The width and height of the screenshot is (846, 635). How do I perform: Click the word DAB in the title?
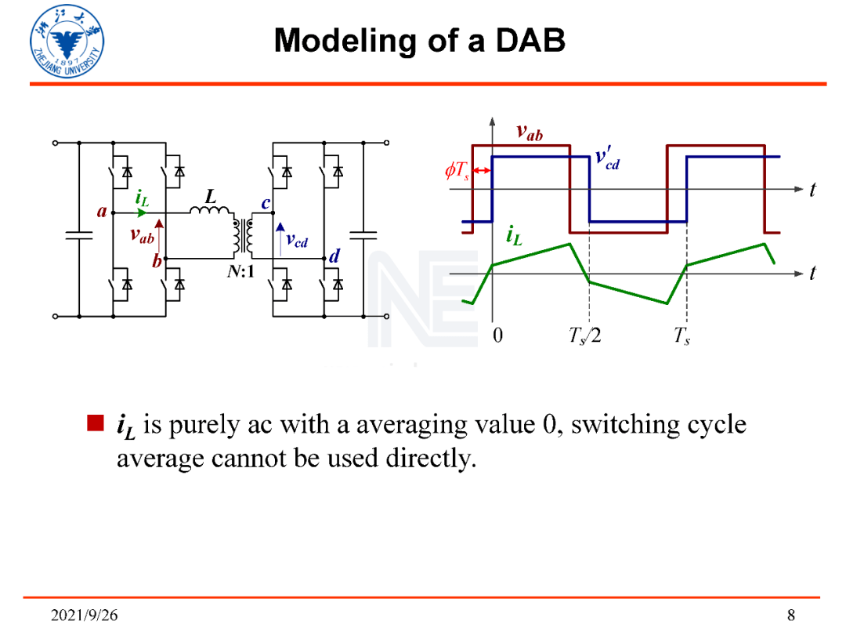click(530, 39)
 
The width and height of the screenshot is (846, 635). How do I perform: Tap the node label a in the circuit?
click(101, 211)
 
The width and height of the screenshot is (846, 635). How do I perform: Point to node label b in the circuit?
click(157, 262)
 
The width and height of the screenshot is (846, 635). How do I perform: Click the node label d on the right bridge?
click(334, 256)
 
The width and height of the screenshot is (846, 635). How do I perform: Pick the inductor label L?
click(210, 198)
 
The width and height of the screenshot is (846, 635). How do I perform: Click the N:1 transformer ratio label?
click(253, 276)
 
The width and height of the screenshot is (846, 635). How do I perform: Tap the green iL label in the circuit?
click(143, 199)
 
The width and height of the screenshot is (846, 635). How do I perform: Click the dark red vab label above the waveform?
click(530, 132)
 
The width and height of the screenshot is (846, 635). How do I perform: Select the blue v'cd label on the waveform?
click(607, 158)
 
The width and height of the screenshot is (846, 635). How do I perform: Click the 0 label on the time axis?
click(497, 337)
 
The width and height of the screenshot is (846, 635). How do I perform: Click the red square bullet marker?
click(95, 424)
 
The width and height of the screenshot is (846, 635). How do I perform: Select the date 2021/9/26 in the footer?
click(85, 614)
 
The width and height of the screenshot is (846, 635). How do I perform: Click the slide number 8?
click(791, 614)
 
